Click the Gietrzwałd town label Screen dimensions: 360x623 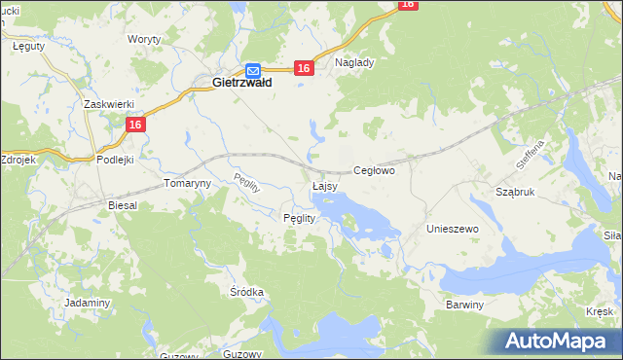pyautogui.click(x=241, y=84)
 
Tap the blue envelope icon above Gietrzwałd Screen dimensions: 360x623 pyautogui.click(x=253, y=70)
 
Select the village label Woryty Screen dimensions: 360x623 pyautogui.click(x=144, y=40)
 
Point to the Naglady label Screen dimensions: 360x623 pyautogui.click(x=354, y=61)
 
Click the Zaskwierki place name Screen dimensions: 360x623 pyautogui.click(x=107, y=104)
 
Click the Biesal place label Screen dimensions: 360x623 pyautogui.click(x=123, y=206)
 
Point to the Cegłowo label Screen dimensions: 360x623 pyautogui.click(x=373, y=170)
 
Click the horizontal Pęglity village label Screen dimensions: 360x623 pyautogui.click(x=299, y=218)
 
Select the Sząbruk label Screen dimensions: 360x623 pyautogui.click(x=516, y=193)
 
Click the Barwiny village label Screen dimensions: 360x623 pyautogui.click(x=464, y=305)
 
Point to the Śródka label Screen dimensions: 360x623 pyautogui.click(x=247, y=292)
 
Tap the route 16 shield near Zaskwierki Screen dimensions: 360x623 pyautogui.click(x=135, y=125)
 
